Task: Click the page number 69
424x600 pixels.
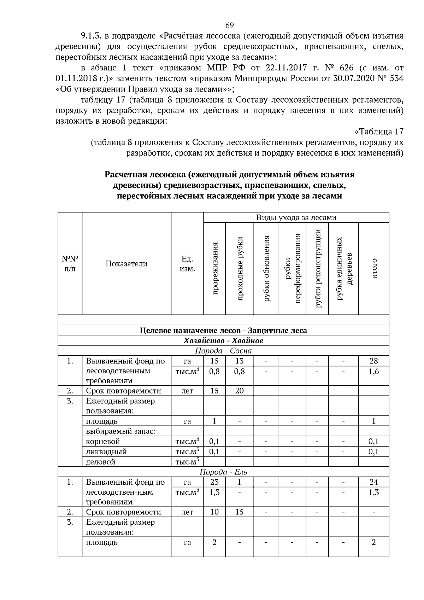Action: coord(229,25)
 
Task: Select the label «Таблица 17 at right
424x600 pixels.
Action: coord(378,132)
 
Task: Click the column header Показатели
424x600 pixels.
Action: coord(126,263)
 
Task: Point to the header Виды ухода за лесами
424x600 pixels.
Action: coord(296,217)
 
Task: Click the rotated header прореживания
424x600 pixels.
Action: coord(214,268)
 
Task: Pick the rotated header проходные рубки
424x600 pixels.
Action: coord(240,268)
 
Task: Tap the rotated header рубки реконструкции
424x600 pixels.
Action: coord(317,268)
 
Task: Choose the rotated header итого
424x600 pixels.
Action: coord(373,268)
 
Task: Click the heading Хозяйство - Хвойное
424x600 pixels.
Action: coord(223,340)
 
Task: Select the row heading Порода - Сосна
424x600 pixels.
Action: coord(223,351)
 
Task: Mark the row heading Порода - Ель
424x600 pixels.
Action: coord(223,472)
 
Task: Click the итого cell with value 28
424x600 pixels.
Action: coord(373,361)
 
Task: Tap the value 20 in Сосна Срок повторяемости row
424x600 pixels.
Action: coord(239,391)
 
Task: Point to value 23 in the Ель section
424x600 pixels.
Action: coord(214,482)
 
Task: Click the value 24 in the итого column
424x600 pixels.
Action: coord(373,482)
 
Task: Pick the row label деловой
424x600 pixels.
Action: coord(101,462)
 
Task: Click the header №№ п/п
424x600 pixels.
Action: coord(70,263)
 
